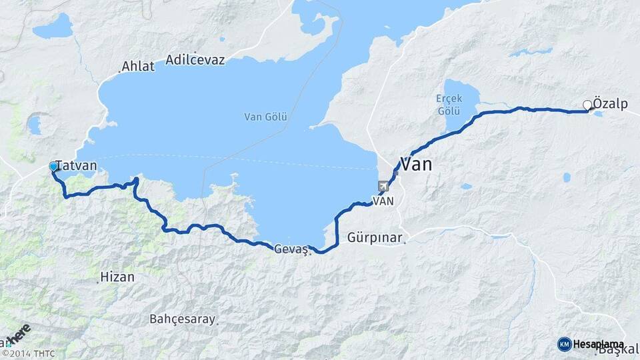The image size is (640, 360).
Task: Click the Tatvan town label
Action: click(77, 165)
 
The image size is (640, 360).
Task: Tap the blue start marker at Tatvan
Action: click(53, 166)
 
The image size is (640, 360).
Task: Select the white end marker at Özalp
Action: click(587, 105)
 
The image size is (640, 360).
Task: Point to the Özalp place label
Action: click(610, 104)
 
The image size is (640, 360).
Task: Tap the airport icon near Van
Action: click(383, 186)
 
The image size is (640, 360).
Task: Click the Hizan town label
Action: click(117, 276)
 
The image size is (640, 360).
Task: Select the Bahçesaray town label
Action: click(183, 319)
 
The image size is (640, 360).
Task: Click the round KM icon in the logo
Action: click(564, 344)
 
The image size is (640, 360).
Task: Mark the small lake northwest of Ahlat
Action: click(53, 29)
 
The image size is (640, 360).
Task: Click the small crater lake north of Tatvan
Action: click(34, 125)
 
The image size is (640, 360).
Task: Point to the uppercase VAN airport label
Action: click(384, 201)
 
